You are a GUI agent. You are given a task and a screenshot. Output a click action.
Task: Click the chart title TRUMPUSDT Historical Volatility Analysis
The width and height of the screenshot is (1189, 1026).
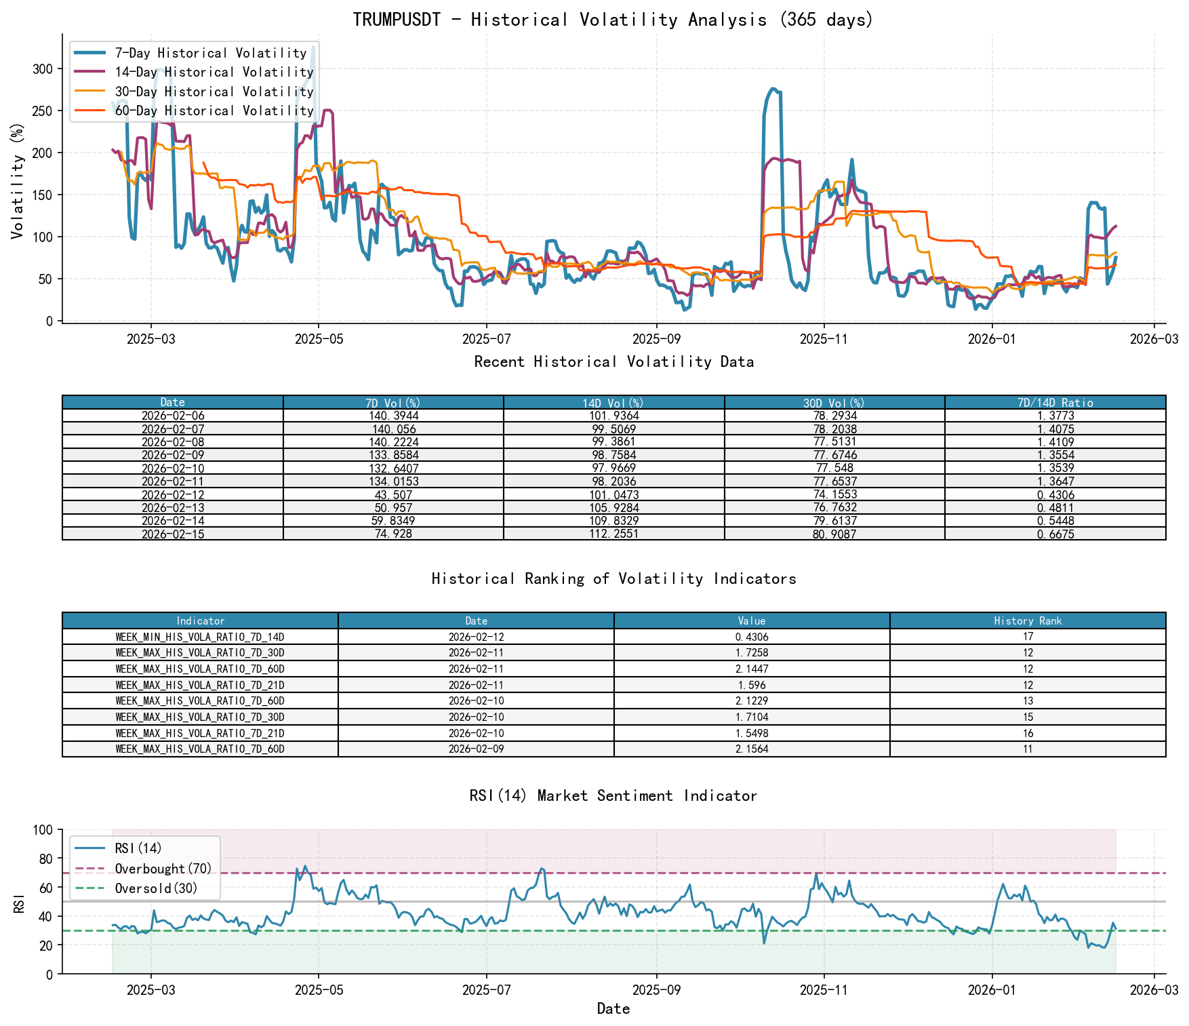click(x=613, y=20)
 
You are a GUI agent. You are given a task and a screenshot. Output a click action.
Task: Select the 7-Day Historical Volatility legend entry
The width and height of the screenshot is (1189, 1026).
click(x=210, y=53)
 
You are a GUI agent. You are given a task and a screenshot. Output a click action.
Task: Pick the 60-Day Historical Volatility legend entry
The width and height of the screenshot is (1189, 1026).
click(x=214, y=111)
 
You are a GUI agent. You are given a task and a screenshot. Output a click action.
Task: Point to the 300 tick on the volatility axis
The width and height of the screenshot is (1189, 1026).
click(x=42, y=68)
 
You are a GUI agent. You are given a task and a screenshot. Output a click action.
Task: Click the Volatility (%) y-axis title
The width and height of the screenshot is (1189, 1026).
click(x=18, y=180)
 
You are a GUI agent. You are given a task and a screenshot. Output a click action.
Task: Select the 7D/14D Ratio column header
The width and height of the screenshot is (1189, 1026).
click(x=1055, y=402)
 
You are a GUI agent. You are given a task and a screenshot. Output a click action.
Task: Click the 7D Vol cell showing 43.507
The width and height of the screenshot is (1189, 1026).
click(x=393, y=494)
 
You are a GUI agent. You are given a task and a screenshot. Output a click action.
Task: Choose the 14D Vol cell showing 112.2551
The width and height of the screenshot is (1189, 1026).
click(x=613, y=534)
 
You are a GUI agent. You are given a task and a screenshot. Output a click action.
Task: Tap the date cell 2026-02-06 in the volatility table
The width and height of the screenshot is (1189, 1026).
click(x=173, y=416)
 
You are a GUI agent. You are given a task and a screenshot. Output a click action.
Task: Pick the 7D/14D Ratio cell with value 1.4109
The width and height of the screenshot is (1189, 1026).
click(x=1055, y=441)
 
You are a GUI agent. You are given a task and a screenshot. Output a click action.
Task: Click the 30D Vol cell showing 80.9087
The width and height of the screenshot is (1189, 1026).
click(x=834, y=534)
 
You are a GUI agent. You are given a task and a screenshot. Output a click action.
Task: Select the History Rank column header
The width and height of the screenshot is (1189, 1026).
click(x=1028, y=620)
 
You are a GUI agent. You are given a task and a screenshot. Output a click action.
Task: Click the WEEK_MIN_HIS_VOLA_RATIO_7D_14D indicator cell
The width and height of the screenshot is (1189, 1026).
click(x=200, y=637)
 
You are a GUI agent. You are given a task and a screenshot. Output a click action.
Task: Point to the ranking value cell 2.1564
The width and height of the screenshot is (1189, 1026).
click(x=752, y=749)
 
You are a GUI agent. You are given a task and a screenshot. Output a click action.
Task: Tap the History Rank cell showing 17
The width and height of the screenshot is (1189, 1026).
click(x=1028, y=637)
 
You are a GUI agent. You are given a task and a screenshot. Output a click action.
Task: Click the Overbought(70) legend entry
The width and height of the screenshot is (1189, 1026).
click(x=163, y=869)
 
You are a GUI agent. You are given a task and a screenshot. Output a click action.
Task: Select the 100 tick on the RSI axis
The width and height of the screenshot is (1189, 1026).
click(x=42, y=830)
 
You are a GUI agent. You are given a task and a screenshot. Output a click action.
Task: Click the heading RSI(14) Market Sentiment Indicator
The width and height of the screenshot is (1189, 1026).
click(x=613, y=795)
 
